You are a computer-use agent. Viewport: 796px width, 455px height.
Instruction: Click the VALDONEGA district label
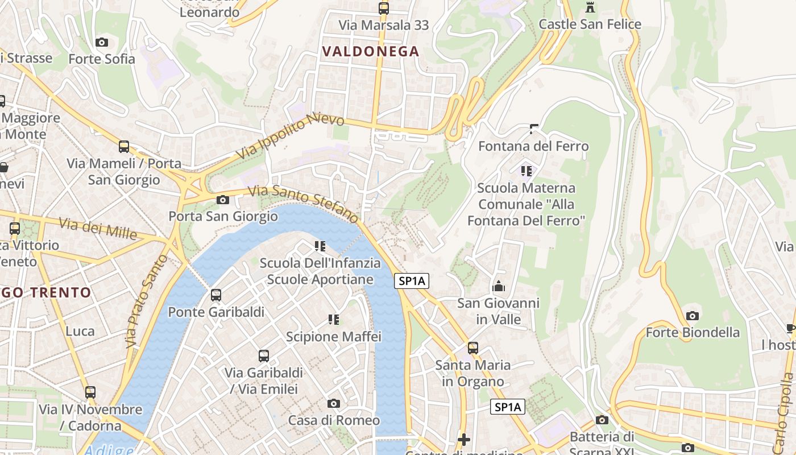(x=371, y=52)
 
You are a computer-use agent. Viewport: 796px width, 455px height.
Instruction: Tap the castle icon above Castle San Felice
(x=590, y=7)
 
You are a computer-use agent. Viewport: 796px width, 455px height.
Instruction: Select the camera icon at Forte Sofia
(x=102, y=42)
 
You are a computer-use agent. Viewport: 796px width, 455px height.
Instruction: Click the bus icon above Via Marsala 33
(x=384, y=8)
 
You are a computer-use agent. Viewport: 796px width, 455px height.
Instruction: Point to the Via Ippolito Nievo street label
(x=291, y=137)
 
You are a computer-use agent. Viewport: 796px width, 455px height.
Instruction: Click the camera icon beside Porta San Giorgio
(x=223, y=200)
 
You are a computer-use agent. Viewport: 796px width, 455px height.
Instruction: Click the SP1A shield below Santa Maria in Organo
(x=508, y=407)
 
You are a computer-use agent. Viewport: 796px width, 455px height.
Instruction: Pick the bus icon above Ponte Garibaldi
(x=216, y=295)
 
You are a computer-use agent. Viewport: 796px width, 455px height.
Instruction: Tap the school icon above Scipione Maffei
(x=334, y=320)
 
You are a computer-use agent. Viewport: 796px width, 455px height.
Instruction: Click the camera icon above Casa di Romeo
(x=334, y=403)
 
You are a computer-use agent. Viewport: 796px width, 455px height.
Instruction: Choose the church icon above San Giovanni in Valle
(x=499, y=286)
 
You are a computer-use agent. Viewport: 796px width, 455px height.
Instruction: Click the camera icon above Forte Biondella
(x=693, y=316)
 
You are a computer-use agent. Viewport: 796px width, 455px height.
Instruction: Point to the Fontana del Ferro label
(x=533, y=146)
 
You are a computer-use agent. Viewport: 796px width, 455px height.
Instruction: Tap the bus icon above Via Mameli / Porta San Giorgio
(x=124, y=147)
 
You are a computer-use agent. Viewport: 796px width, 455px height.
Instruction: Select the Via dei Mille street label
(x=98, y=229)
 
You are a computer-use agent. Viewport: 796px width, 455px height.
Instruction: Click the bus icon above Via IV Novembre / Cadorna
(x=90, y=392)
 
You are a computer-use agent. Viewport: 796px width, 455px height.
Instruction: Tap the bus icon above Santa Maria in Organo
(x=473, y=348)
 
